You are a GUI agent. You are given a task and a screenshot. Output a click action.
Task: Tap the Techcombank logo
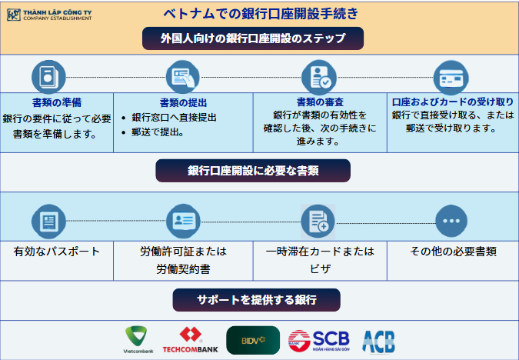pyautogui.click(x=191, y=340)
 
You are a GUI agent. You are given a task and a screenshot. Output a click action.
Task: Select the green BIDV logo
pyautogui.click(x=253, y=340)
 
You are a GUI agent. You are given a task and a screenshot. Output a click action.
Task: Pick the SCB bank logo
pyautogui.click(x=319, y=341)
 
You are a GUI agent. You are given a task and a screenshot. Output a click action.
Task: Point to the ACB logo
pyautogui.click(x=378, y=342)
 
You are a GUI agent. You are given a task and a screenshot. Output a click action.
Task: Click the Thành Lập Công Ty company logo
pyautogui.click(x=49, y=15)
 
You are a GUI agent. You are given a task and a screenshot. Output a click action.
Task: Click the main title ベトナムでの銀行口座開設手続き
pyautogui.click(x=261, y=14)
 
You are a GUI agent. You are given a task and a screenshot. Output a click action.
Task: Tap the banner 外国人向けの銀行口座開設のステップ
pyautogui.click(x=253, y=38)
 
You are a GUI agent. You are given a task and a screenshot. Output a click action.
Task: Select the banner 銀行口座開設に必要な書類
pyautogui.click(x=253, y=171)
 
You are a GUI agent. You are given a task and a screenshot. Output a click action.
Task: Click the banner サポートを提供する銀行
pyautogui.click(x=257, y=300)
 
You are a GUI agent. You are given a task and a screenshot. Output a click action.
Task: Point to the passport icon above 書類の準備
pyautogui.click(x=48, y=77)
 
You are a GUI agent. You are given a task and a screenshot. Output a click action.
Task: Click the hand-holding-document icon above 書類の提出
pyautogui.click(x=183, y=77)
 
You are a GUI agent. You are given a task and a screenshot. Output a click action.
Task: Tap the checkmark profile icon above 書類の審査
pyautogui.click(x=319, y=77)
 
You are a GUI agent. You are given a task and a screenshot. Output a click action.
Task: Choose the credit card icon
pyautogui.click(x=451, y=78)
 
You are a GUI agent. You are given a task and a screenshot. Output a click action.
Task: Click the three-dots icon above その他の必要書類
pyautogui.click(x=451, y=221)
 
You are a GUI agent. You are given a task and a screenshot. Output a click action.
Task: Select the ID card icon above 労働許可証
pyautogui.click(x=183, y=221)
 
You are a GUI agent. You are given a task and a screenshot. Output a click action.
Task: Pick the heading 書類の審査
pyautogui.click(x=320, y=102)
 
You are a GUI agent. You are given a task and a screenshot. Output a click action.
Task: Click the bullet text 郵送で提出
pyautogui.click(x=158, y=132)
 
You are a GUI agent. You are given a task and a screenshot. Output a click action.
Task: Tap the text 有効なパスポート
pyautogui.click(x=57, y=252)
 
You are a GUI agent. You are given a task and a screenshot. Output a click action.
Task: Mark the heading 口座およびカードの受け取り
pyautogui.click(x=452, y=102)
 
